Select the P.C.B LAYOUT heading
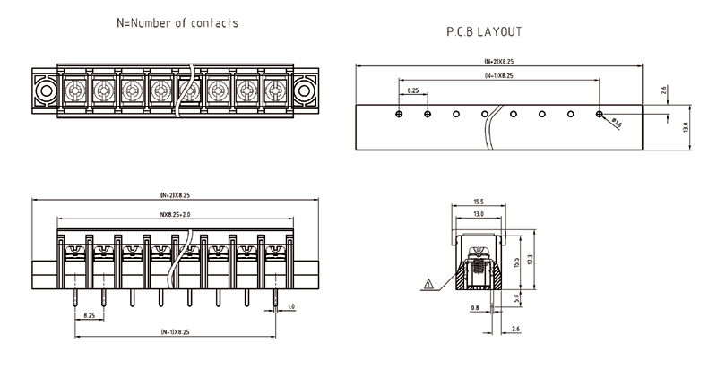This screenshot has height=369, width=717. pyautogui.click(x=484, y=31)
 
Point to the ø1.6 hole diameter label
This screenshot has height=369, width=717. pyautogui.click(x=616, y=124)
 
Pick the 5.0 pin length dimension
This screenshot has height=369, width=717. pyautogui.click(x=515, y=297)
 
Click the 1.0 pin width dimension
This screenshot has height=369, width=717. pyautogui.click(x=290, y=307)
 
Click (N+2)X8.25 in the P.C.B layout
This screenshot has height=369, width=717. pyautogui.click(x=498, y=61)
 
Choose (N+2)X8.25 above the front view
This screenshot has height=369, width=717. pyautogui.click(x=177, y=194)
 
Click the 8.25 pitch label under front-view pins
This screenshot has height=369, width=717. pyautogui.click(x=89, y=315)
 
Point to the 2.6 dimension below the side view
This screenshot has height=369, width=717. pyautogui.click(x=515, y=330)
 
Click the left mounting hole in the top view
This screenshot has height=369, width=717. pyautogui.click(x=44, y=90)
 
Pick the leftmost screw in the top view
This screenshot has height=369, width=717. pyautogui.click(x=75, y=90)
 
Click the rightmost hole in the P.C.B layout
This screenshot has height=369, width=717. pyautogui.click(x=600, y=114)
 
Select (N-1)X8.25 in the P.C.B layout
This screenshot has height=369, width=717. pyautogui.click(x=498, y=76)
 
